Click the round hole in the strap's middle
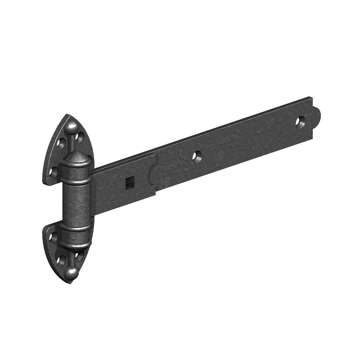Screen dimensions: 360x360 click(197, 156)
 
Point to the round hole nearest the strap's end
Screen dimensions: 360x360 click(300, 121)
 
